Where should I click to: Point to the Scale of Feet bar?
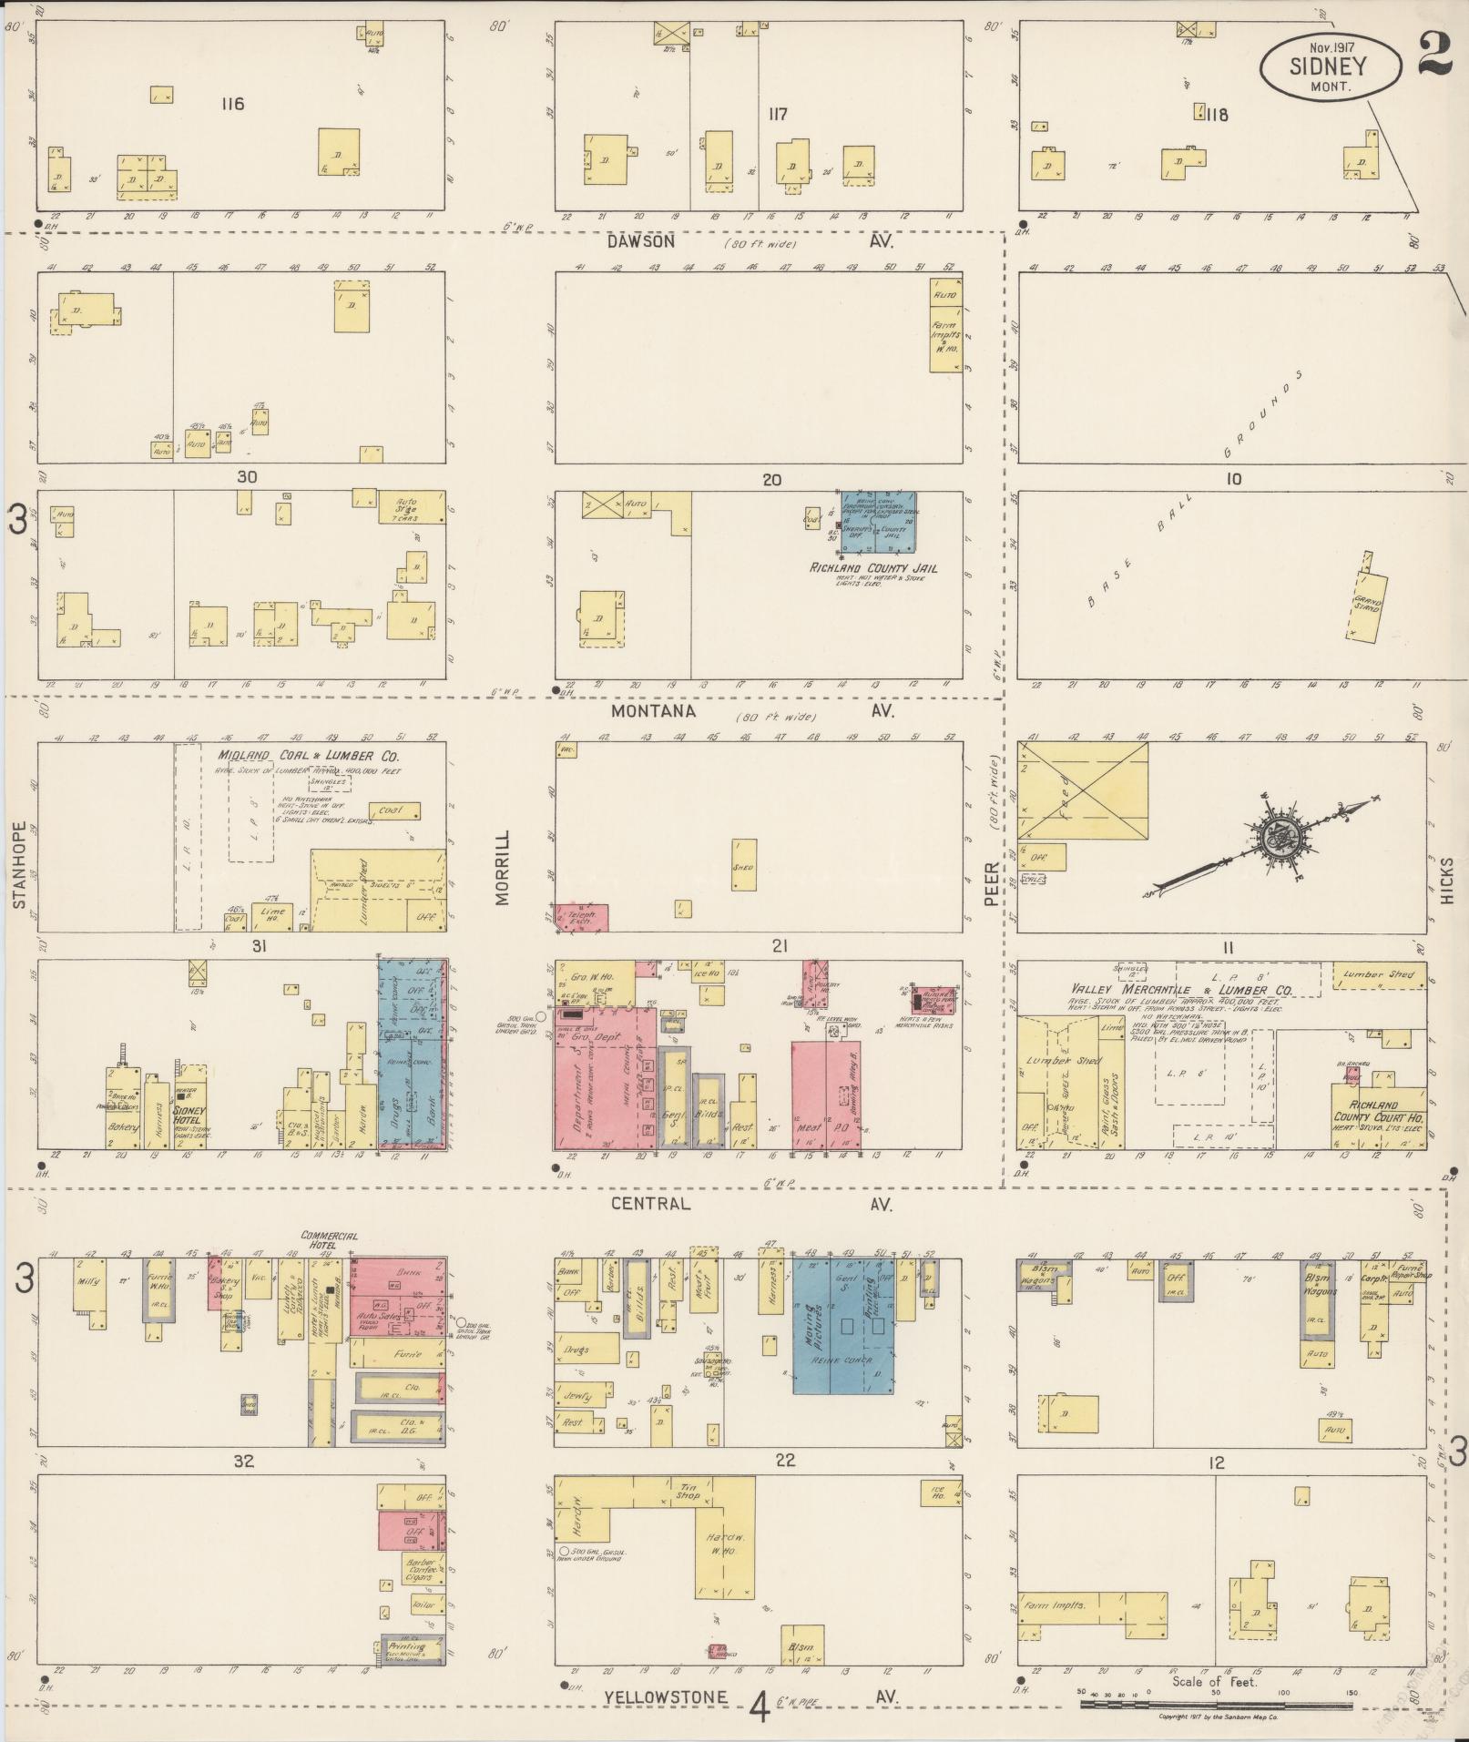(x=1216, y=1702)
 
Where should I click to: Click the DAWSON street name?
(x=642, y=241)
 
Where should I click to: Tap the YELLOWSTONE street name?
(x=666, y=1696)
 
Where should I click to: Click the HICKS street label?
(x=1447, y=881)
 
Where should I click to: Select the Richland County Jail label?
(x=873, y=568)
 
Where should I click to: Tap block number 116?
(x=232, y=104)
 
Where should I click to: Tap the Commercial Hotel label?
(x=330, y=1239)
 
